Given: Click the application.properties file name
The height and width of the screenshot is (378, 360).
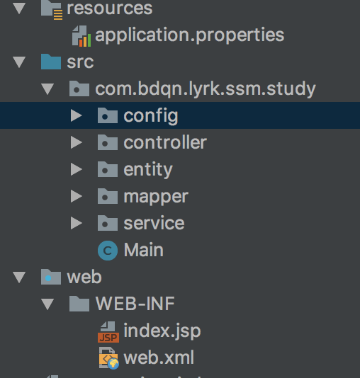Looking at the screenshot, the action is point(190,36).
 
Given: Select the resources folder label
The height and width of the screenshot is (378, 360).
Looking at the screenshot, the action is point(110,8).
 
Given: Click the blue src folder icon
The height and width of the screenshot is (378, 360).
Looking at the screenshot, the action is point(51,62).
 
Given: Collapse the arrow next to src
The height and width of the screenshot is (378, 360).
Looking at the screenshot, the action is point(19,62).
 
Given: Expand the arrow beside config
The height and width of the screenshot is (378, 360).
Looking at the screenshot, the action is point(77,115).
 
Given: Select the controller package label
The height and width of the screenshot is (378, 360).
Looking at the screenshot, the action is point(165,143).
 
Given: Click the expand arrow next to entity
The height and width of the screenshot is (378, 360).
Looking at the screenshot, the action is point(77,169).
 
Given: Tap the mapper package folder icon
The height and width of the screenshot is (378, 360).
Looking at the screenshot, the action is point(108,196).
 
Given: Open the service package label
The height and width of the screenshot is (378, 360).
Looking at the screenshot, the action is point(154,223).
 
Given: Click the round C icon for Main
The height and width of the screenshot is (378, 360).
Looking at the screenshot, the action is point(108,251).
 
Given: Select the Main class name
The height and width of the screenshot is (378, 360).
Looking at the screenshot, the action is point(144,250).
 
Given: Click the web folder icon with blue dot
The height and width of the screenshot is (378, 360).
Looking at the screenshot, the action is point(51,277).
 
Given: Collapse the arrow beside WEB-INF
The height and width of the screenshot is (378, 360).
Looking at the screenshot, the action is point(47,304).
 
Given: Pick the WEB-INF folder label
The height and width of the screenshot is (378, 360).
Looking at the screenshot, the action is point(135,304).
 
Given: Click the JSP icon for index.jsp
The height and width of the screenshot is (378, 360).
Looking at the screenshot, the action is point(108,332).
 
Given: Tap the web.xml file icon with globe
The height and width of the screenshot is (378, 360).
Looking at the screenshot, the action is point(109,358).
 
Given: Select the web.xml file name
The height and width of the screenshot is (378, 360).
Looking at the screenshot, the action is point(159,357).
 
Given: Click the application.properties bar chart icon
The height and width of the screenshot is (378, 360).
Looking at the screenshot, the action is point(81,36).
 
